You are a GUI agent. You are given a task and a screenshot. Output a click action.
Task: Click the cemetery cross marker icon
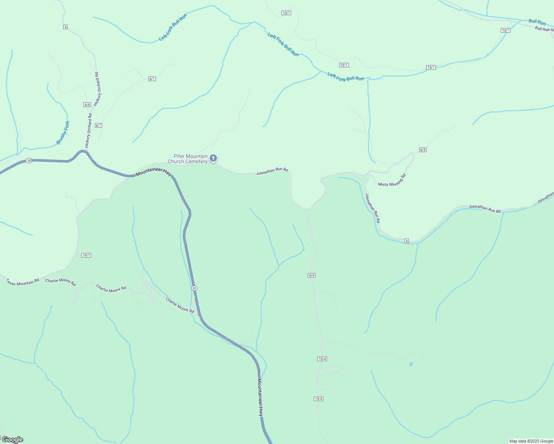[x=213, y=158]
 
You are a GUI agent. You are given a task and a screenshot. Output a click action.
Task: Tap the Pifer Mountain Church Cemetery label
[x=188, y=159]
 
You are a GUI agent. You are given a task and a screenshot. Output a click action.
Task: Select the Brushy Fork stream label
[x=63, y=133]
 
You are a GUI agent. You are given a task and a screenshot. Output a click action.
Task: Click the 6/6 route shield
[x=87, y=105]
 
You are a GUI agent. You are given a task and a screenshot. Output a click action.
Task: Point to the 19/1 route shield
[x=86, y=255]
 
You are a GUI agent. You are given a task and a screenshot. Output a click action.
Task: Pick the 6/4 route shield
[x=311, y=275]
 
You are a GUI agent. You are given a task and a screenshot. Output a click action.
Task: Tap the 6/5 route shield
[x=423, y=150]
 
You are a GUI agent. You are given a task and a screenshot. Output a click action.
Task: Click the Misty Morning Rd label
[x=392, y=180]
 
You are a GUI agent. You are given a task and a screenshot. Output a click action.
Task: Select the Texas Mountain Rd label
[x=23, y=282]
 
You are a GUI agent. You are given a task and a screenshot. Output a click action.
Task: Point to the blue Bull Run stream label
[x=537, y=22]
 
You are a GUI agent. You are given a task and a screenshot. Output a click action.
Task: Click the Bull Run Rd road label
[x=544, y=29]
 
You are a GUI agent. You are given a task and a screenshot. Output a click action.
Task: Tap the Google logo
[x=13, y=440]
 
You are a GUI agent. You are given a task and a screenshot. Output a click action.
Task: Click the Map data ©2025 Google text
[x=531, y=441]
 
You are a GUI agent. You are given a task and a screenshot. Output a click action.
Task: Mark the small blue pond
[x=411, y=364]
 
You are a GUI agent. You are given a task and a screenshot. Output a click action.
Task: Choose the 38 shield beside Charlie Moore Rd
[x=194, y=288]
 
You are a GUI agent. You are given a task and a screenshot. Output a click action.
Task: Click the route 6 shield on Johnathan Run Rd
[x=407, y=241]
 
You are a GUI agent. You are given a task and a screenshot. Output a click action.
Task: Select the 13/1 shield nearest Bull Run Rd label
[x=505, y=30]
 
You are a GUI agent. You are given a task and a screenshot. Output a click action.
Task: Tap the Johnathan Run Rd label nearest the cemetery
[x=272, y=171]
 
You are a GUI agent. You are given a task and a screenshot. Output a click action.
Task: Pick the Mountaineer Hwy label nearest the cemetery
[x=154, y=173]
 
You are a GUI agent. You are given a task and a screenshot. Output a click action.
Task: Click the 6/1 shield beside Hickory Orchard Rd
[x=98, y=125]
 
